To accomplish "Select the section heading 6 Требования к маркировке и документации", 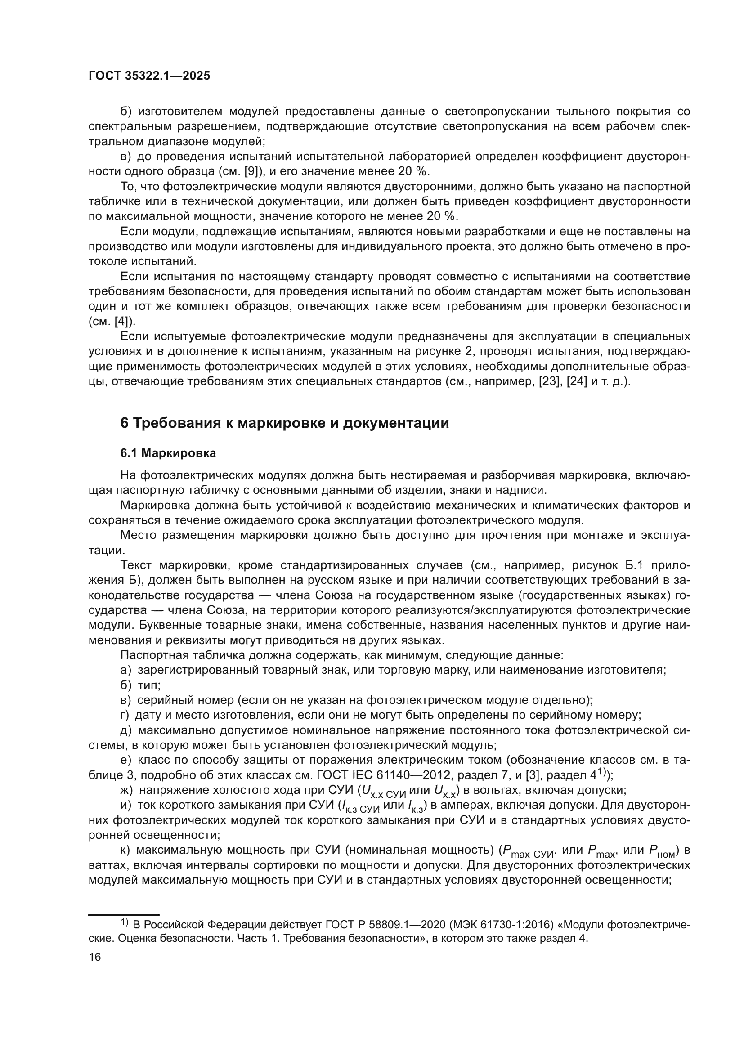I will click(284, 423).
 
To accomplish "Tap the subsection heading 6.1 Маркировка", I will click(168, 453).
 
